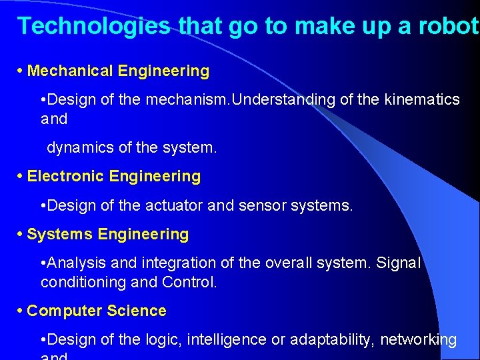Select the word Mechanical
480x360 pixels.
[x=71, y=71]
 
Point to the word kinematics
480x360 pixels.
[x=421, y=99]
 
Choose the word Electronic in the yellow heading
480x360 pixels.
[x=65, y=176]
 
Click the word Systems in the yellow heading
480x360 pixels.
[x=60, y=234]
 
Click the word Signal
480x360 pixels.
[x=397, y=263]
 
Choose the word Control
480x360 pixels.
[x=189, y=282]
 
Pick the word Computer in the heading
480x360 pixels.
[x=61, y=311]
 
